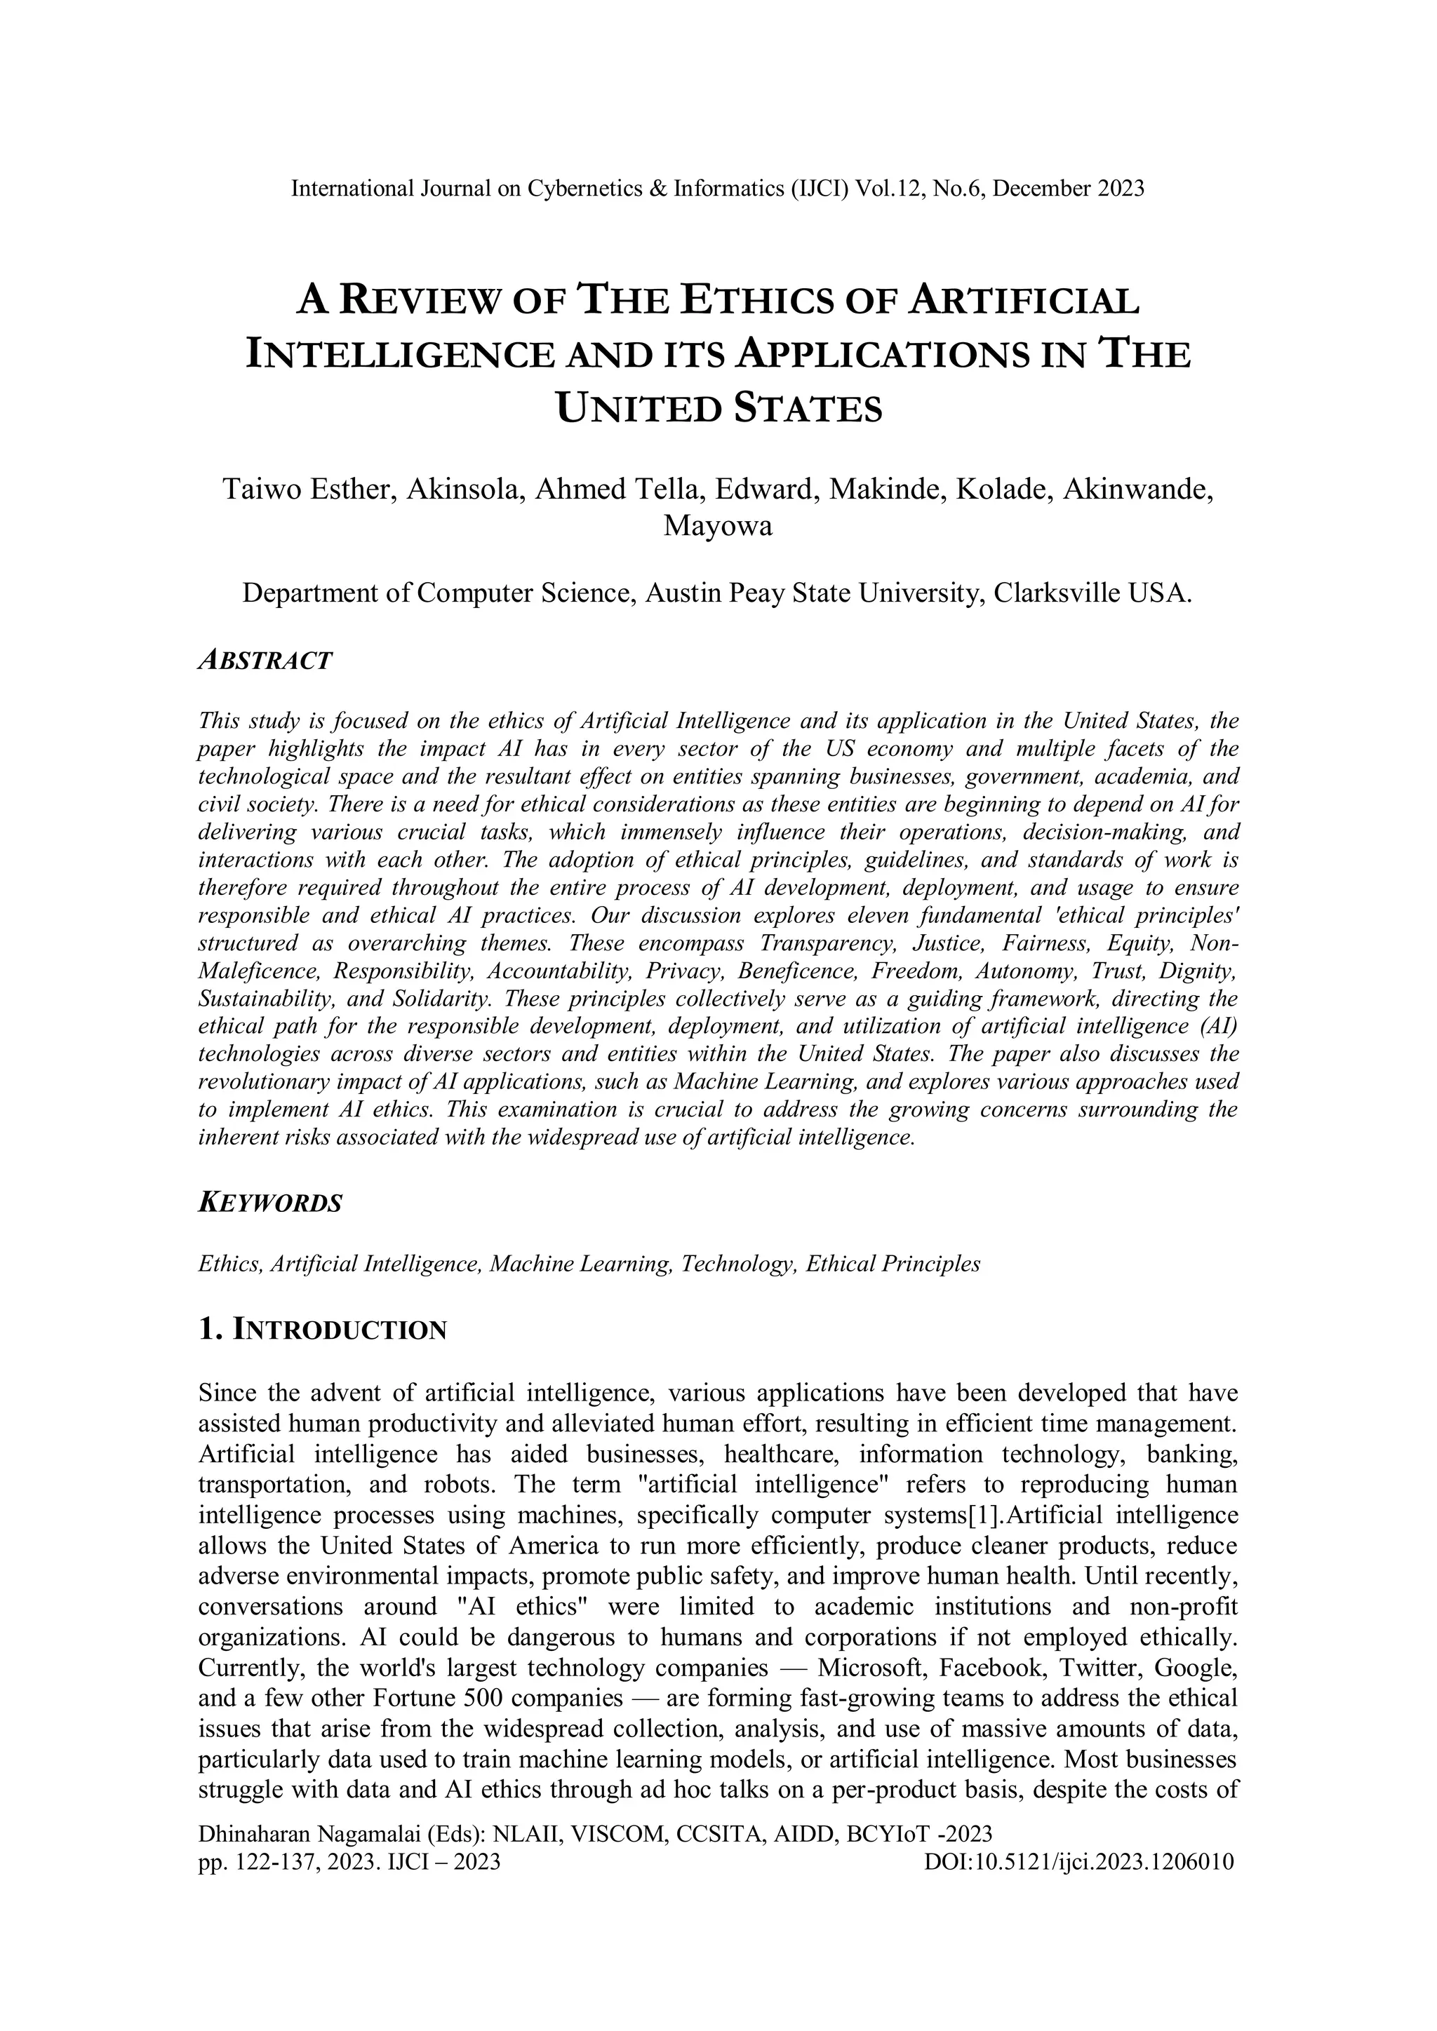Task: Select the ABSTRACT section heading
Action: [265, 660]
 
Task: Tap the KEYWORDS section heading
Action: [270, 1203]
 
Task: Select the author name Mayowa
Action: [718, 526]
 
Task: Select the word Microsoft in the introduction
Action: [872, 1668]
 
